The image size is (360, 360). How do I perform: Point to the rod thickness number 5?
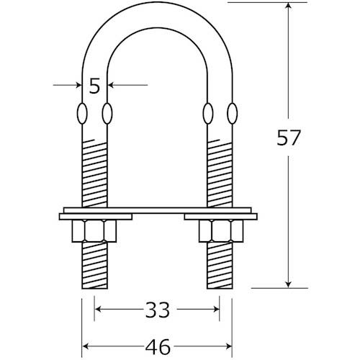94,86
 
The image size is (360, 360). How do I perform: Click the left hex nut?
94,231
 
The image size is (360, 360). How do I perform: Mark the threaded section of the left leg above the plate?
94,173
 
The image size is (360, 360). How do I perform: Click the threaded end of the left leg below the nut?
94,266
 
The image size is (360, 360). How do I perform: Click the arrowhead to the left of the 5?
78,86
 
